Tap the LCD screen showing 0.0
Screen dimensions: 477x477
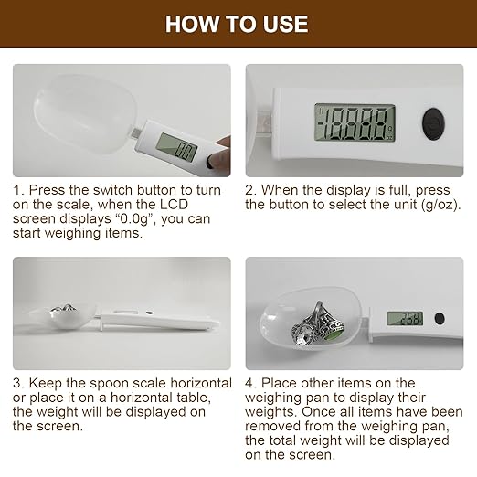tap(177, 148)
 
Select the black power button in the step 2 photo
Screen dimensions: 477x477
tap(433, 124)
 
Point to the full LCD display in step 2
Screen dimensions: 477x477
tap(355, 122)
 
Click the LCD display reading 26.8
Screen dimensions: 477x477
tap(405, 318)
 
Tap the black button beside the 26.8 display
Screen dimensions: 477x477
tap(440, 319)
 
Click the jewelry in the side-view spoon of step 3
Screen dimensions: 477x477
tap(64, 310)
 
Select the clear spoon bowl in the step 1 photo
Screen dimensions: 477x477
tap(86, 114)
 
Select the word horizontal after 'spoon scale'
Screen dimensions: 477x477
tap(201, 383)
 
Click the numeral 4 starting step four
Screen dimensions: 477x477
tap(249, 383)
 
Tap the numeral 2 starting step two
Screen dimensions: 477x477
tap(249, 190)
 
